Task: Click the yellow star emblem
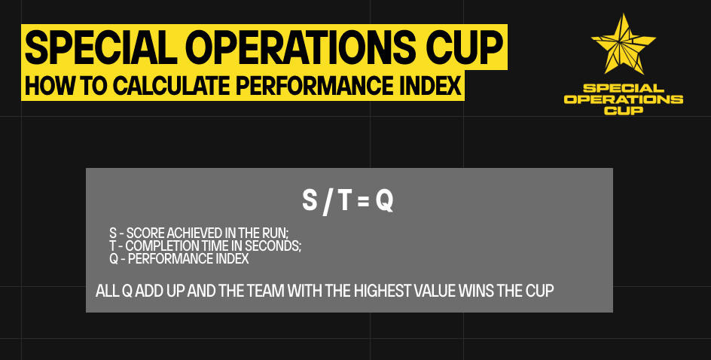point(624,44)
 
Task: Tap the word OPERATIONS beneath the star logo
point(624,99)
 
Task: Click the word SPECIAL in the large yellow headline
point(101,47)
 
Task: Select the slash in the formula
point(327,202)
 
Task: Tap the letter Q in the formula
point(384,201)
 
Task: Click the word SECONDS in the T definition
point(273,246)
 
